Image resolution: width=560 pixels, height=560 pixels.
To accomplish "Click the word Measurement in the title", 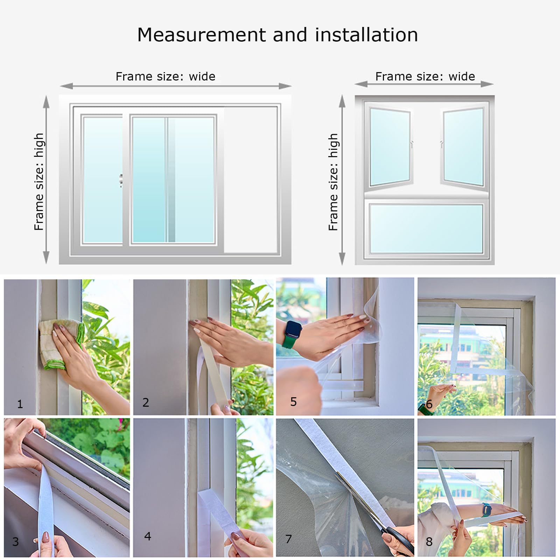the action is pos(202,35).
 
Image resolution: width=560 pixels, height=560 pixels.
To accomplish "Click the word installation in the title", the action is pos(366,35).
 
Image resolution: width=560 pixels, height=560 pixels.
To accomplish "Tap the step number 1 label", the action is pos(20,404).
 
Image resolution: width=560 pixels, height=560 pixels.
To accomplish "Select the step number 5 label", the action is pos(293,402).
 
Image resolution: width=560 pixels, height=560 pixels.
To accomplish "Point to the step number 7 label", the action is pos(288,539).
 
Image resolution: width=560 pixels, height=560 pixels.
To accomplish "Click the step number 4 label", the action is pos(148,536).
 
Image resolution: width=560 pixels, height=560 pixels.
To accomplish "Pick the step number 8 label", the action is pos(429,542).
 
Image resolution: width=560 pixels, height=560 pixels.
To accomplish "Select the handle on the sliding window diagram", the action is pos(121,181).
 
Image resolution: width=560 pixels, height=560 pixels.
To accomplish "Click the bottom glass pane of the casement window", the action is pos(426,228).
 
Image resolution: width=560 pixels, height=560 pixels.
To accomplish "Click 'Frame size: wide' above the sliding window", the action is pos(165,76).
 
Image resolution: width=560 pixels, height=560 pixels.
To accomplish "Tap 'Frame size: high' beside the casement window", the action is pos(333,182).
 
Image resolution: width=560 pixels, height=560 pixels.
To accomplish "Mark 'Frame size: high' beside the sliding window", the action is pos(39,182).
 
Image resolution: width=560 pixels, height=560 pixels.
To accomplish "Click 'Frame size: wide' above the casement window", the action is pos(425,76).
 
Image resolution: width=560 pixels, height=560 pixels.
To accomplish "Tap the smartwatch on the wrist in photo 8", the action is pos(486,509).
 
